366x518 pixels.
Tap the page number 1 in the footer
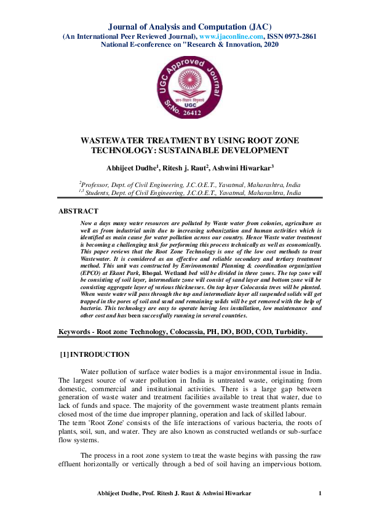click(x=320, y=494)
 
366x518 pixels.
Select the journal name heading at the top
click(x=183, y=26)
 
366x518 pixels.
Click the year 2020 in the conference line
click(x=270, y=44)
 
